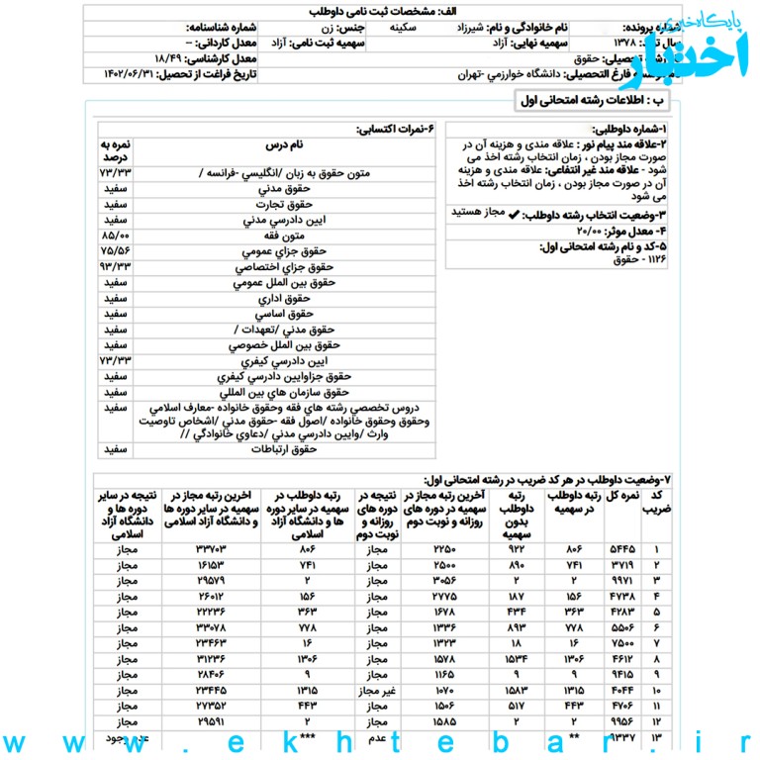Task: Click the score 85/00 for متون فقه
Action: [115, 237]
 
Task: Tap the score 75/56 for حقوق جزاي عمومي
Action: [115, 252]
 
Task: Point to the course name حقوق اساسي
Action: [285, 314]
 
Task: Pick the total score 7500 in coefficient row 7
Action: [623, 642]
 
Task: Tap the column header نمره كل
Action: [623, 495]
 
